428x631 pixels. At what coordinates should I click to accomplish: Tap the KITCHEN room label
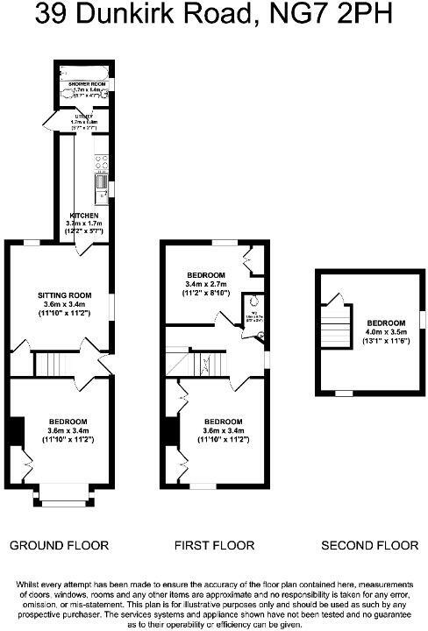pos(84,215)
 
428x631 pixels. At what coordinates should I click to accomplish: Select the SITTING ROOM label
pos(60,294)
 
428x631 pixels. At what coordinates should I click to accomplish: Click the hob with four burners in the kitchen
pos(101,161)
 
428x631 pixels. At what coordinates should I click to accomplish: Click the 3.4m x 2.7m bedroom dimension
pos(206,284)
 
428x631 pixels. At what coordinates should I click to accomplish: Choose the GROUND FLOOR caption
pos(59,545)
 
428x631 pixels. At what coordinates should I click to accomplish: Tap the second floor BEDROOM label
pos(386,323)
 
